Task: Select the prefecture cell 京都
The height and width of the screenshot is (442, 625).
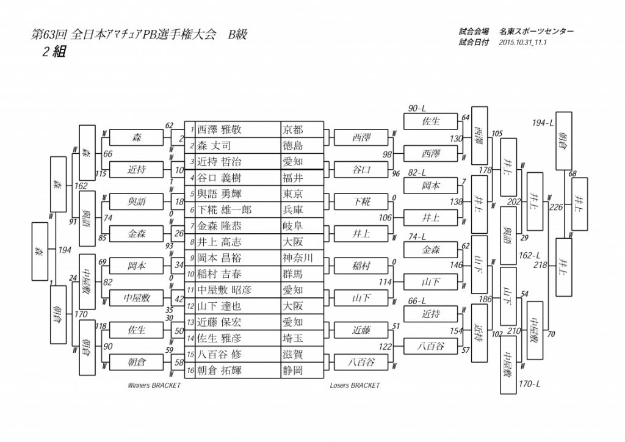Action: pyautogui.click(x=293, y=130)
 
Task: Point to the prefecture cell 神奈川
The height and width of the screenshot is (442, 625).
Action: pyautogui.click(x=297, y=258)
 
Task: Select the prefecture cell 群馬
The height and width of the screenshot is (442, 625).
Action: pyautogui.click(x=293, y=274)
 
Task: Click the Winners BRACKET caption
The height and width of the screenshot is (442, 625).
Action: pyautogui.click(x=154, y=385)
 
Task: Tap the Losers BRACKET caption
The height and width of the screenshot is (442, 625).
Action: pyautogui.click(x=355, y=385)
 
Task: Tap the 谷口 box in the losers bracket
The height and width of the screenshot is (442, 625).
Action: pyautogui.click(x=361, y=170)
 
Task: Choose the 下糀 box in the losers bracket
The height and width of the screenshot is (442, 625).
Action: pyautogui.click(x=361, y=201)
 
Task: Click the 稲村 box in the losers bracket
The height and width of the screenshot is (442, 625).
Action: pyautogui.click(x=361, y=266)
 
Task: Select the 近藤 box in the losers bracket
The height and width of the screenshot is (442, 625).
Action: pyautogui.click(x=361, y=330)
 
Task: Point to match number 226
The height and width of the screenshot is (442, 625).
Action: pyautogui.click(x=556, y=207)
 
